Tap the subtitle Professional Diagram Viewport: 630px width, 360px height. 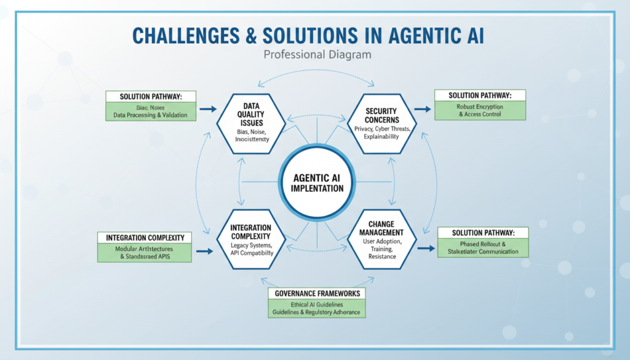point(317,54)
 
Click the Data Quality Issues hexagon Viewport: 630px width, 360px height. point(250,119)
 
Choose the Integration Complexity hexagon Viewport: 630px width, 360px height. point(250,240)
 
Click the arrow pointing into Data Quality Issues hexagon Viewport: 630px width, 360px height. point(208,109)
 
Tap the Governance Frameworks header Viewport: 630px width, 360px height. point(318,293)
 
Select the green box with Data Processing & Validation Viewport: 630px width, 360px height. point(151,111)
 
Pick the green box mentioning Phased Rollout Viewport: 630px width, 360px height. point(484,247)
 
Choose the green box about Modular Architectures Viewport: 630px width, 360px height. point(145,252)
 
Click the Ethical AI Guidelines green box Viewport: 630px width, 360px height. point(318,308)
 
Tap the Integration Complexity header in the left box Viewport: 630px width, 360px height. point(145,238)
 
